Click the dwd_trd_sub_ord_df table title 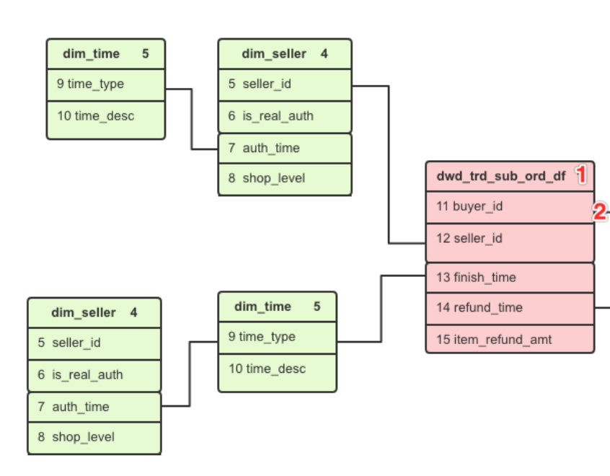[500, 176]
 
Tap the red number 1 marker [581, 175]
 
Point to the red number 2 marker [598, 211]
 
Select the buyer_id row [510, 207]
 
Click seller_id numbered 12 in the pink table [510, 239]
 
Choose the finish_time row [510, 278]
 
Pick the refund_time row [510, 308]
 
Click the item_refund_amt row [510, 339]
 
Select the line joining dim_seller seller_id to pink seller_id [389, 166]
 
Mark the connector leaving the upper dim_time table [192, 119]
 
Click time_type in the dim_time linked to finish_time [277, 338]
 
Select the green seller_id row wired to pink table [284, 84]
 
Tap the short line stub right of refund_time [602, 308]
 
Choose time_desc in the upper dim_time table [105, 115]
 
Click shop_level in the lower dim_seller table [94, 437]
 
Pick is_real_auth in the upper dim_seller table [284, 116]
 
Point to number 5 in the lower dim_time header [317, 307]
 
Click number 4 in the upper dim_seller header [324, 54]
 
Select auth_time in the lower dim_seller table [94, 407]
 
